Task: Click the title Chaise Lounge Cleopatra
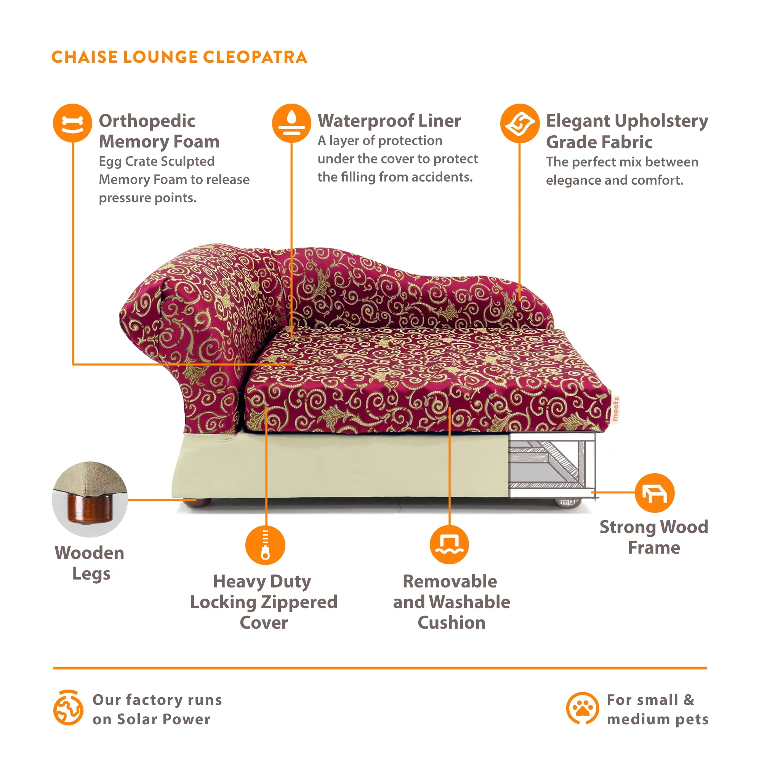pyautogui.click(x=179, y=57)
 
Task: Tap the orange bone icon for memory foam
pyautogui.click(x=72, y=123)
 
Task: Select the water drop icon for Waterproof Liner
pyautogui.click(x=291, y=123)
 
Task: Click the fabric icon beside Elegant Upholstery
pyautogui.click(x=519, y=123)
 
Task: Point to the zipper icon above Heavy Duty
pyautogui.click(x=265, y=545)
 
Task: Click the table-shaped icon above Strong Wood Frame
pyautogui.click(x=654, y=493)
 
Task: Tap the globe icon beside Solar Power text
pyautogui.click(x=68, y=708)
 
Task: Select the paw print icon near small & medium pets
pyautogui.click(x=582, y=708)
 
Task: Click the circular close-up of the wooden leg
pyautogui.click(x=90, y=499)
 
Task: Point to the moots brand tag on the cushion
pyautogui.click(x=615, y=409)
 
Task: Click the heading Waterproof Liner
pyautogui.click(x=389, y=121)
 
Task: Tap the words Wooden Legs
pyautogui.click(x=90, y=563)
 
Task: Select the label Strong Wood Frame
pyautogui.click(x=653, y=537)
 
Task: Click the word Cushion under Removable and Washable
pyautogui.click(x=451, y=623)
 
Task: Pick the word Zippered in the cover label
pyautogui.click(x=299, y=602)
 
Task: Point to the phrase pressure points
pyautogui.click(x=147, y=198)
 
